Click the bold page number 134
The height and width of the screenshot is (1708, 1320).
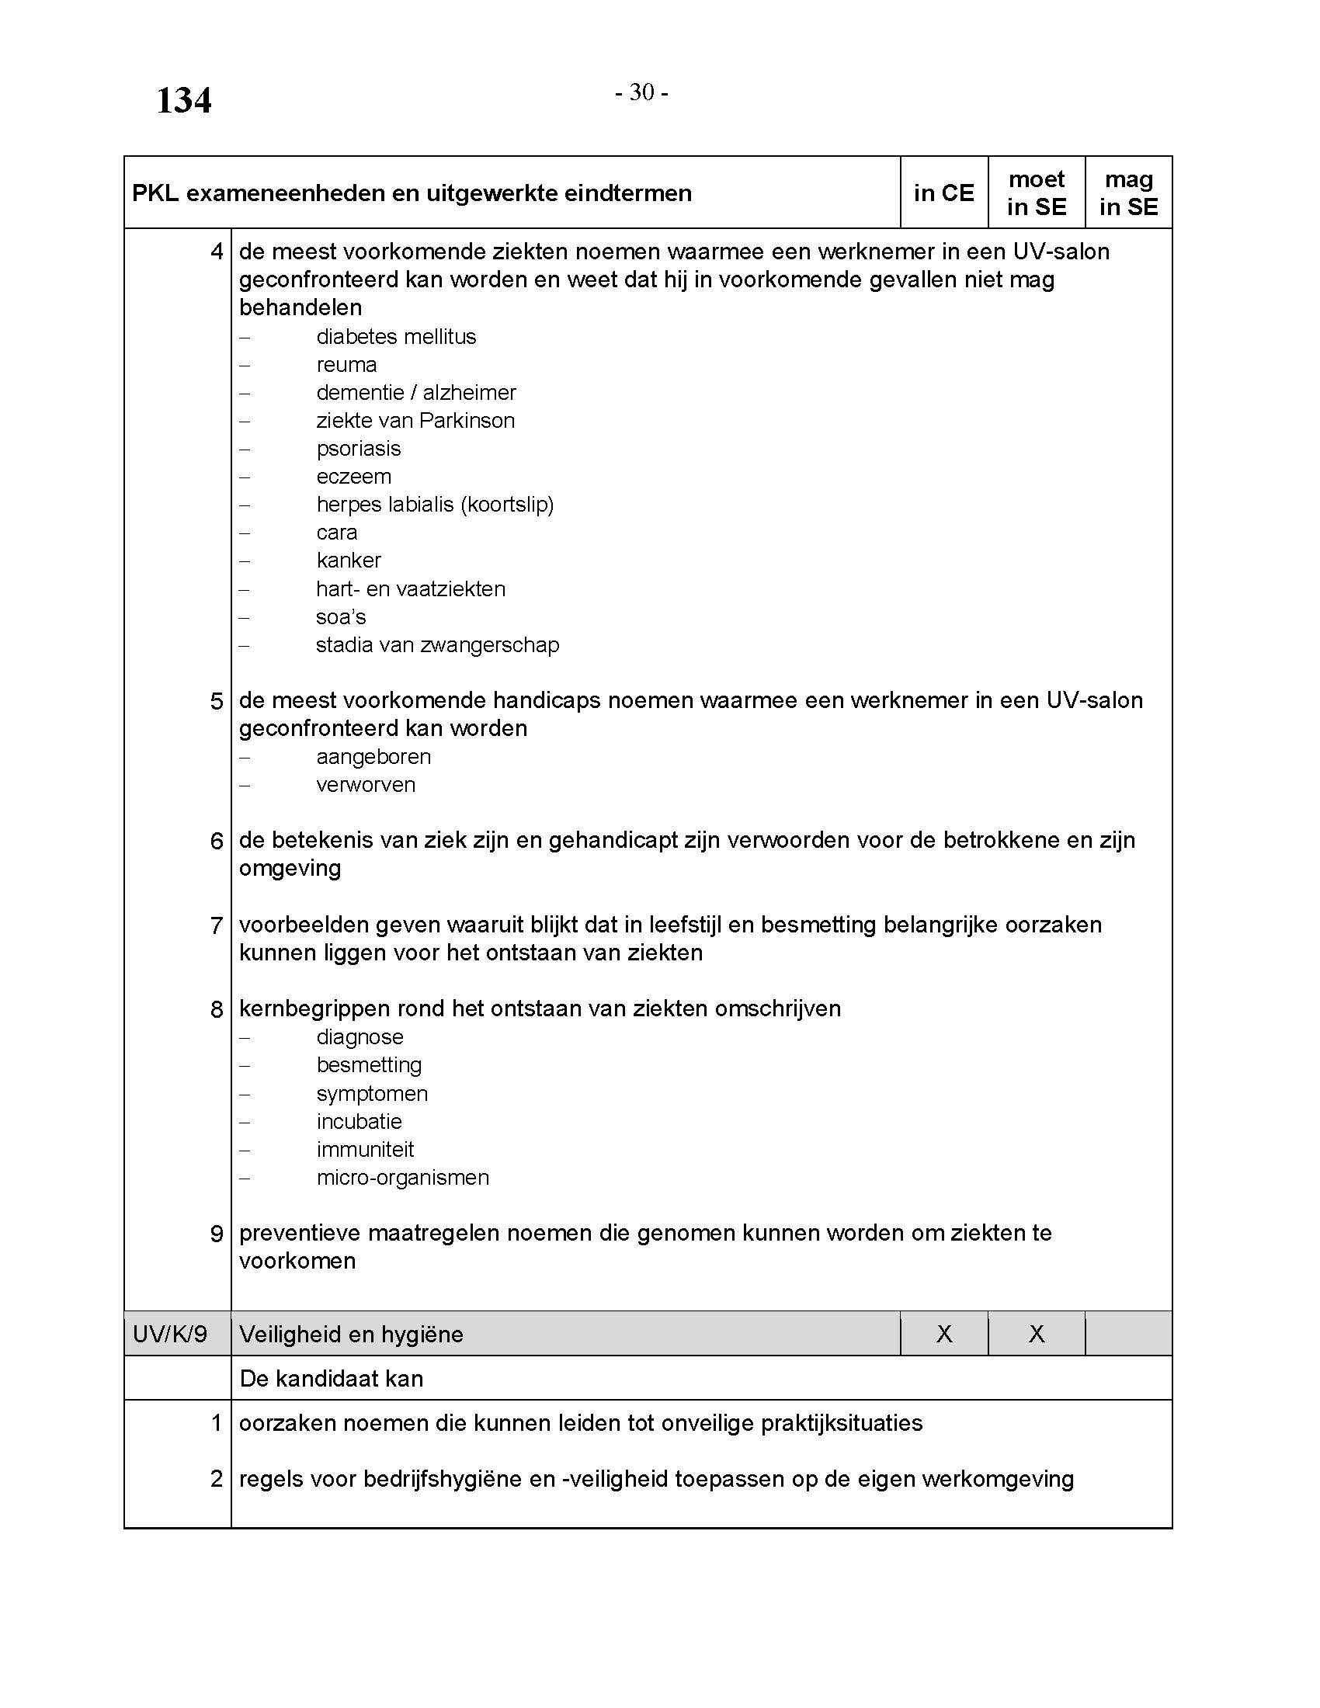tap(184, 101)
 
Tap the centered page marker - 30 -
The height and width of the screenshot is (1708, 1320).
tap(641, 92)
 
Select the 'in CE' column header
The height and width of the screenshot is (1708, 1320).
tap(944, 193)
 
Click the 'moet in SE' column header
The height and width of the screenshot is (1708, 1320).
tap(1036, 193)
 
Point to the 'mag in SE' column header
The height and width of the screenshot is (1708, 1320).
tap(1128, 193)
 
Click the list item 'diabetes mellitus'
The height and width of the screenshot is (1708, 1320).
tap(396, 337)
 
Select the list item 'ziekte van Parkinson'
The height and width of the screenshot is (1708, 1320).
tap(415, 421)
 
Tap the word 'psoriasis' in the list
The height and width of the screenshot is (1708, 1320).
tap(358, 449)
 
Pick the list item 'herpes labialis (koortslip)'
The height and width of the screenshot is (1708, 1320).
tap(435, 505)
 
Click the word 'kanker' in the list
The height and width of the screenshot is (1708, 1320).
tap(349, 561)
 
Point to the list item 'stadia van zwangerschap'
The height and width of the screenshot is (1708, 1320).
tap(437, 645)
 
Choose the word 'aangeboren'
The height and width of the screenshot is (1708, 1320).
tap(373, 757)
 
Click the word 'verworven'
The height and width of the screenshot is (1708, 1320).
tap(365, 785)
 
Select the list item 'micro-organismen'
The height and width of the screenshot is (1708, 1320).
tap(403, 1178)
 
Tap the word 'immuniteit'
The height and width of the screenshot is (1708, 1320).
tap(364, 1150)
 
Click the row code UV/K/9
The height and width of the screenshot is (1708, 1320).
tap(170, 1334)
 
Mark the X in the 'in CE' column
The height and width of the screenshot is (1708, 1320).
tap(944, 1334)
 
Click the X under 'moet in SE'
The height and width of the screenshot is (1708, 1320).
tap(1036, 1334)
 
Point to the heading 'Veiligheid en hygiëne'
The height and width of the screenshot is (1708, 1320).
tap(351, 1334)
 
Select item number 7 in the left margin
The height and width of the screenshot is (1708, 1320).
tap(217, 926)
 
